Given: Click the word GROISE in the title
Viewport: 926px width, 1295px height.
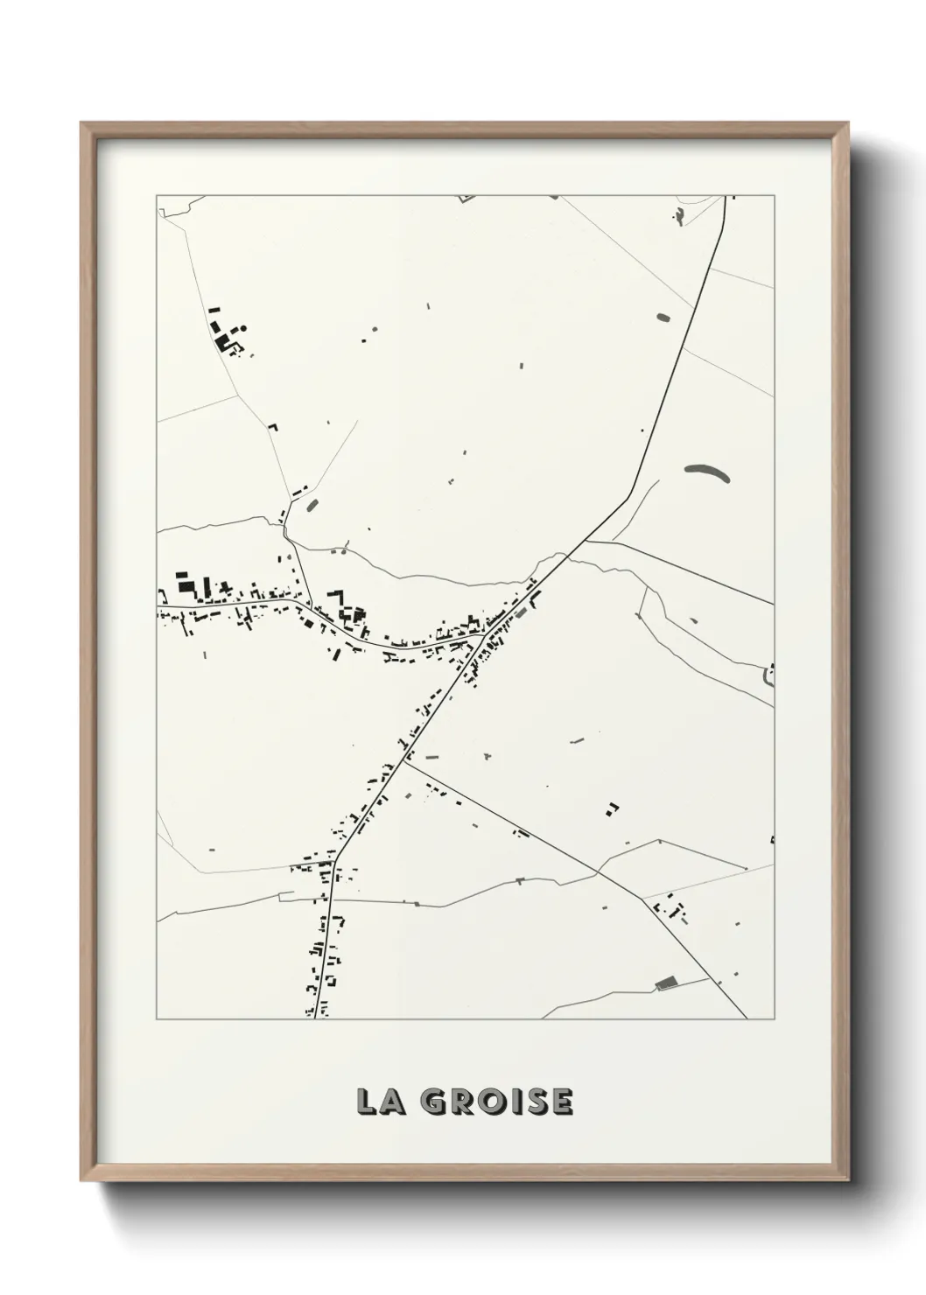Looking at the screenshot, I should click(496, 1102).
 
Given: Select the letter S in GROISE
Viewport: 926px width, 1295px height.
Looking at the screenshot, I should click(536, 1102).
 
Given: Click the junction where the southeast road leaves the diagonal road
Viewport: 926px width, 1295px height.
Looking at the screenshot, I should click(404, 759).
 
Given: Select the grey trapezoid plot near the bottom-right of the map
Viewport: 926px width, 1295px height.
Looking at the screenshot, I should click(667, 983).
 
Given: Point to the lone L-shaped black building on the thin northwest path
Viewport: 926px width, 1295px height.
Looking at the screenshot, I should click(272, 427).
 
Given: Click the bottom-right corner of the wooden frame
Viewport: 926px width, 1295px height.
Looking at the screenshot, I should click(850, 1179).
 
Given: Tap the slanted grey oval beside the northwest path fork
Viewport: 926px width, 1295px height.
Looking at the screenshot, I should click(312, 504).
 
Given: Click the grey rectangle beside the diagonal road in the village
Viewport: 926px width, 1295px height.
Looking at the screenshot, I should click(523, 612).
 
